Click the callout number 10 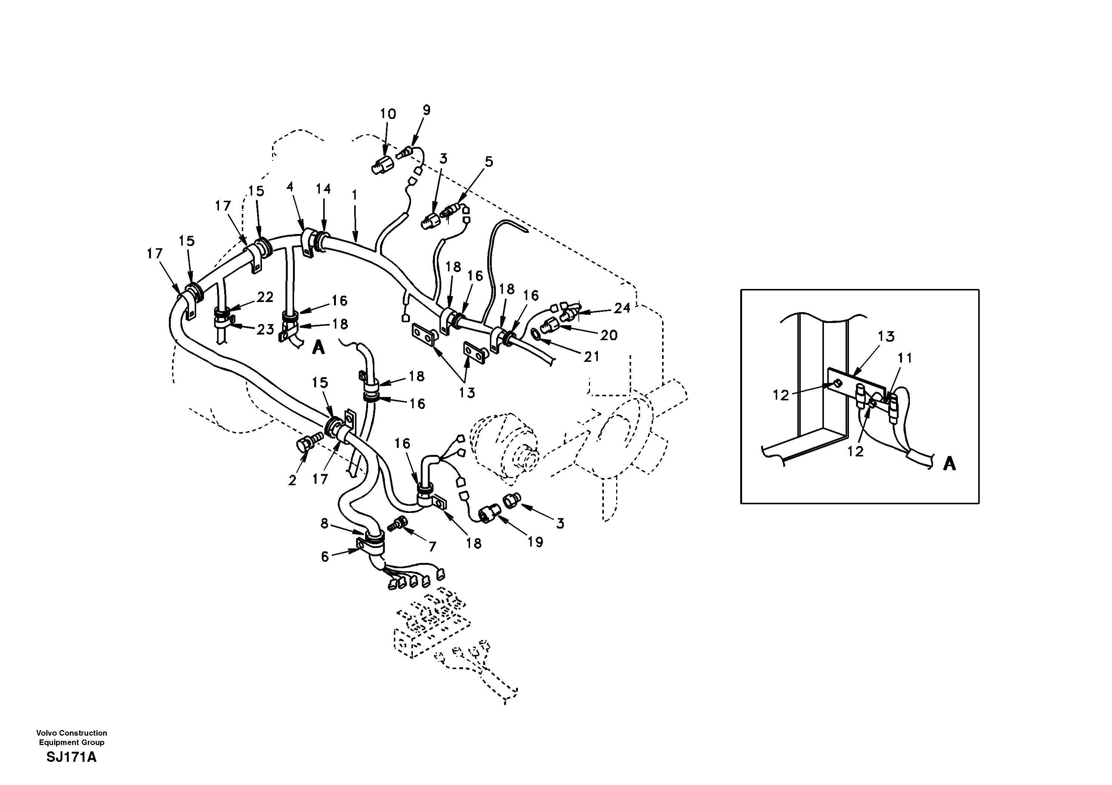[x=387, y=114]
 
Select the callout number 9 [x=426, y=110]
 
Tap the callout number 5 [x=489, y=162]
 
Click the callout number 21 [x=591, y=357]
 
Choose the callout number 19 [x=535, y=542]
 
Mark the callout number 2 [x=292, y=480]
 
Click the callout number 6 [x=324, y=557]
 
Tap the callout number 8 [x=324, y=523]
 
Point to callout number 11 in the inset [x=905, y=358]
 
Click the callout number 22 [x=265, y=297]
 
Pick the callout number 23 [x=265, y=329]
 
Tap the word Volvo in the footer [x=46, y=733]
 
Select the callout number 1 [x=355, y=195]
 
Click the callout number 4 [x=290, y=187]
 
